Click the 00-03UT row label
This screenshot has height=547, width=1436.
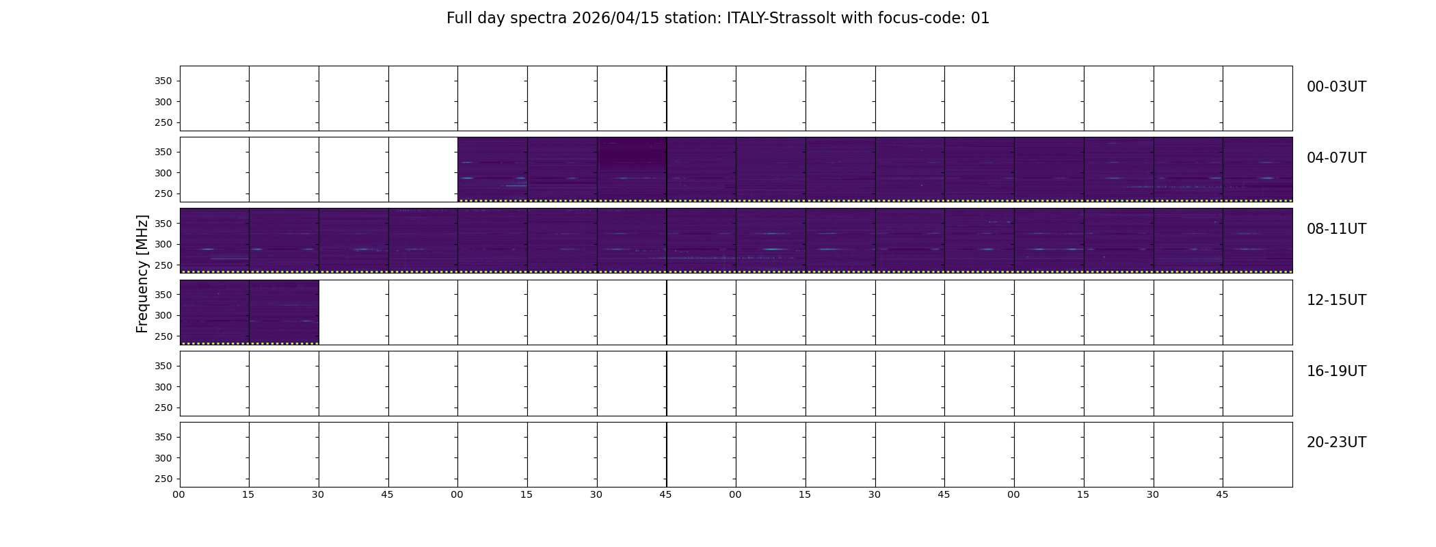[x=1336, y=87]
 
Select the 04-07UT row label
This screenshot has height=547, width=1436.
[x=1336, y=158]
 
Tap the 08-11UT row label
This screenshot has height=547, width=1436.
[x=1336, y=229]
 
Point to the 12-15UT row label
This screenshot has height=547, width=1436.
[x=1336, y=300]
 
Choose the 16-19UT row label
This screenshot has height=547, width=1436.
[x=1336, y=371]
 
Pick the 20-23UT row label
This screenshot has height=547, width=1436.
[x=1336, y=442]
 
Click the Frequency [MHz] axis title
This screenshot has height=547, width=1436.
[x=142, y=273]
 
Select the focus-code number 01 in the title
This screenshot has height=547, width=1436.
[x=980, y=18]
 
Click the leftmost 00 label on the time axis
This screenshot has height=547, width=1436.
[x=178, y=494]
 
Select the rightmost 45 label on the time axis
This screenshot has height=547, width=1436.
[x=1222, y=494]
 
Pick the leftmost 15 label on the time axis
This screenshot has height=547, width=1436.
[x=248, y=494]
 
